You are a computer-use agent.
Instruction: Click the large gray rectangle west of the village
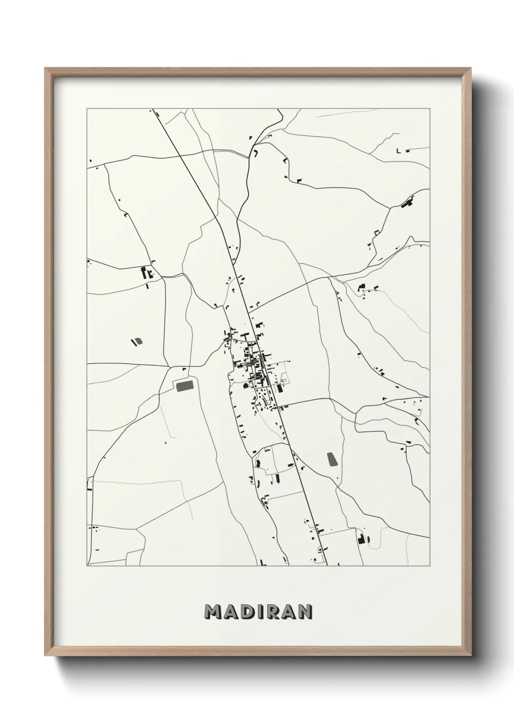point(184,386)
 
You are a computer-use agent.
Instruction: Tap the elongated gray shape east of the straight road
point(332,460)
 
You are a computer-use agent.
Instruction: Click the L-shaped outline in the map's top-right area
point(399,151)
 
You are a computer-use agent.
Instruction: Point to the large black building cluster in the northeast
point(407,203)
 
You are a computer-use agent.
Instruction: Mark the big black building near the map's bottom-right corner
point(361,539)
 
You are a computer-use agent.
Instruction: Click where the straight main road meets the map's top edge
point(153,109)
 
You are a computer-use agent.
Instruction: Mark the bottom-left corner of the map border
point(87,565)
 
